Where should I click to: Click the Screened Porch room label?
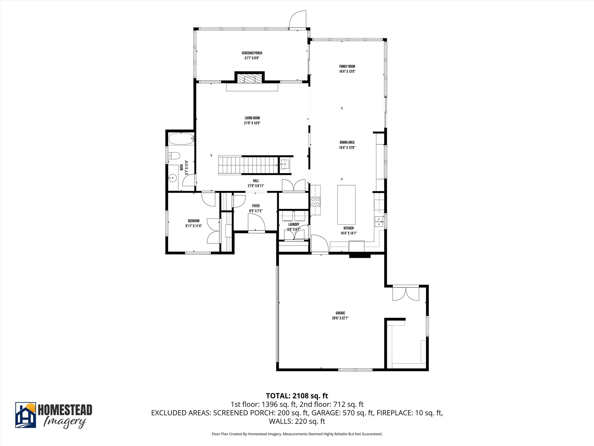pyautogui.click(x=252, y=53)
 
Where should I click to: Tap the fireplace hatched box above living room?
pyautogui.click(x=249, y=78)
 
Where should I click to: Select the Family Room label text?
pyautogui.click(x=347, y=66)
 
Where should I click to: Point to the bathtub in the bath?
pyautogui.click(x=181, y=139)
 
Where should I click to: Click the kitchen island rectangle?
pyautogui.click(x=346, y=205)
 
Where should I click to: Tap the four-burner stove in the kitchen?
pyautogui.click(x=316, y=202)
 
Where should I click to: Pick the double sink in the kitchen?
pyautogui.click(x=379, y=222)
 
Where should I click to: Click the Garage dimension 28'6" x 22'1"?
pyautogui.click(x=340, y=318)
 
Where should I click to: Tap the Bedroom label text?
pyautogui.click(x=193, y=221)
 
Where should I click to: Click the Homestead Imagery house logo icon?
pyautogui.click(x=26, y=415)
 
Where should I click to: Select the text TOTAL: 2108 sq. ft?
pyautogui.click(x=297, y=396)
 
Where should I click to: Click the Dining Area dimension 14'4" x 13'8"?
pyautogui.click(x=347, y=148)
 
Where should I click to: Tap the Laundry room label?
pyautogui.click(x=294, y=224)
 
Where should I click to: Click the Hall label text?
pyautogui.click(x=256, y=181)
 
